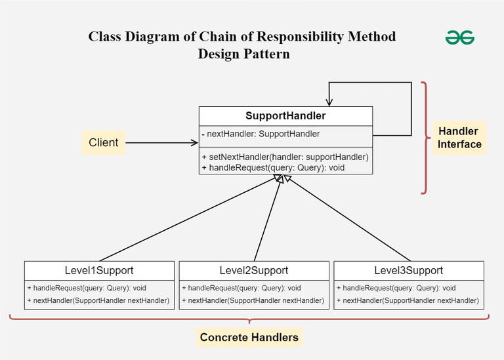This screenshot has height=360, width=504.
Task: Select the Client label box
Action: pyautogui.click(x=104, y=142)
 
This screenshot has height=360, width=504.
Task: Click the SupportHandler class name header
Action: pyautogui.click(x=285, y=117)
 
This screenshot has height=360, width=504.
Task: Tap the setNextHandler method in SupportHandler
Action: pyautogui.click(x=285, y=157)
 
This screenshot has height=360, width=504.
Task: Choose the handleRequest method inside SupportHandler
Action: pyautogui.click(x=274, y=167)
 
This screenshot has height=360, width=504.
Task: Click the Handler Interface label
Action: pyautogui.click(x=459, y=138)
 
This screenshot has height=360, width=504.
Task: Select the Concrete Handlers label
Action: pyautogui.click(x=249, y=338)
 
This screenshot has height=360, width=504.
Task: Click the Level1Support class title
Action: pyautogui.click(x=99, y=270)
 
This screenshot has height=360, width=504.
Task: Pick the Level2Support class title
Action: pyautogui.click(x=254, y=270)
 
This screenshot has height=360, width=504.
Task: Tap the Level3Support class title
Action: pyautogui.click(x=408, y=270)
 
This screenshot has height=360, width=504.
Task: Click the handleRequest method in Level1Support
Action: pyautogui.click(x=87, y=288)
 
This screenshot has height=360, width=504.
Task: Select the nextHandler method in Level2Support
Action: pyautogui.click(x=253, y=301)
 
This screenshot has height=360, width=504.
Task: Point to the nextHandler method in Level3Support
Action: pyautogui.click(x=408, y=301)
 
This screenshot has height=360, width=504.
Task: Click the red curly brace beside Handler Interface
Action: pyautogui.click(x=426, y=138)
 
